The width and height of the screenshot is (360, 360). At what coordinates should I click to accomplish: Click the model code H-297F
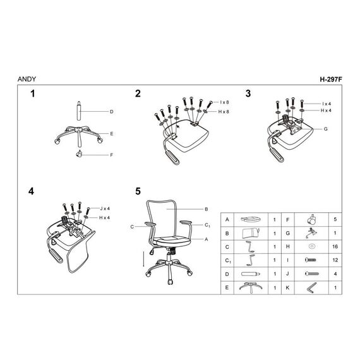point(331,80)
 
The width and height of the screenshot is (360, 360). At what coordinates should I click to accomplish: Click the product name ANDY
point(27,79)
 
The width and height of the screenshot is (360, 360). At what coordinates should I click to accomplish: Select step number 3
point(248,93)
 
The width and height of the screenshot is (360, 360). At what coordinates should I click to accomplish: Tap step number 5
point(138,191)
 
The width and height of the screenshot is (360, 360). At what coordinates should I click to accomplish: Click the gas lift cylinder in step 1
point(79,111)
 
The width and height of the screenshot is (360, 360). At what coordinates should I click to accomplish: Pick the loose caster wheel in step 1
point(79,153)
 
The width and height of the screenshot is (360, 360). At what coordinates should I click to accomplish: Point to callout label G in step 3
point(325,129)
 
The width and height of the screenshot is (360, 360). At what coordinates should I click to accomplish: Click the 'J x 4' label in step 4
point(105,208)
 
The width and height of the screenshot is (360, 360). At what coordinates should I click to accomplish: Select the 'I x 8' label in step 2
point(224,102)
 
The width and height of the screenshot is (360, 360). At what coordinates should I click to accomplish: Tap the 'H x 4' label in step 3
point(326,111)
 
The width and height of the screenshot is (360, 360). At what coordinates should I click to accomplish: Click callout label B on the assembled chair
point(206,209)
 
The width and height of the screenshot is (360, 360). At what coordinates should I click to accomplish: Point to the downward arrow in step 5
point(143,259)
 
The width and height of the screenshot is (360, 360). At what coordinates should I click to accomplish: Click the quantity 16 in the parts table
point(335,246)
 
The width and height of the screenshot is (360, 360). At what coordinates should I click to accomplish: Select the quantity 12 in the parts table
point(335,260)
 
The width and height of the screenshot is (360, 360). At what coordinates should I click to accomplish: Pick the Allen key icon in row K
point(311,287)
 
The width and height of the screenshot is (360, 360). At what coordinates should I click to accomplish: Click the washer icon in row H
point(311,246)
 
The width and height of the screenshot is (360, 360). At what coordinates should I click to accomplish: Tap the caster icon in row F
point(311,220)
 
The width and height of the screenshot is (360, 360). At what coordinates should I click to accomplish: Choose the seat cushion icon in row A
point(251,219)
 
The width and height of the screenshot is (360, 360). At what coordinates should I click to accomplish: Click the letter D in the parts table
point(227,274)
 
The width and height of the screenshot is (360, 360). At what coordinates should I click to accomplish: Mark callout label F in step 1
point(112,155)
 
